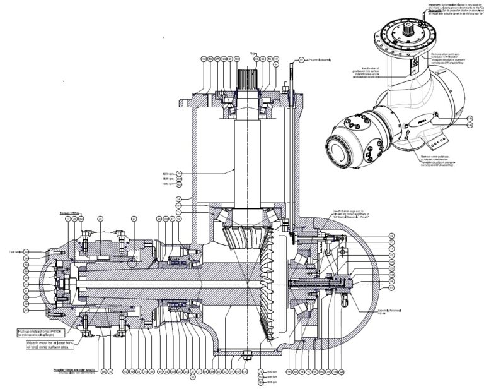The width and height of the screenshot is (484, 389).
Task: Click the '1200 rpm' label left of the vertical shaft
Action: (x=168, y=173)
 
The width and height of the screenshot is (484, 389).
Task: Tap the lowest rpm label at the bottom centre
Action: (x=272, y=383)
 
